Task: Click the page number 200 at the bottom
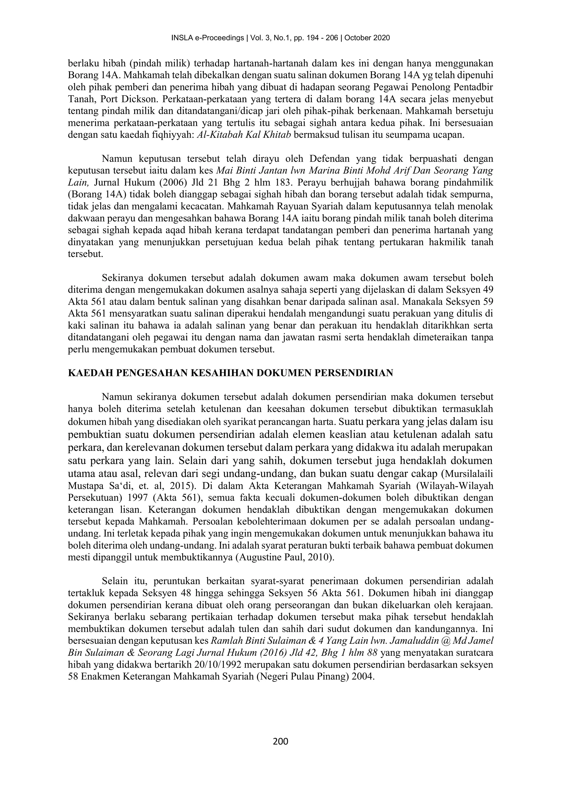[280, 741]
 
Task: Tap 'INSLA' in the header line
[180, 38]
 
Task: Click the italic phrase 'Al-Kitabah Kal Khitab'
[244, 134]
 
